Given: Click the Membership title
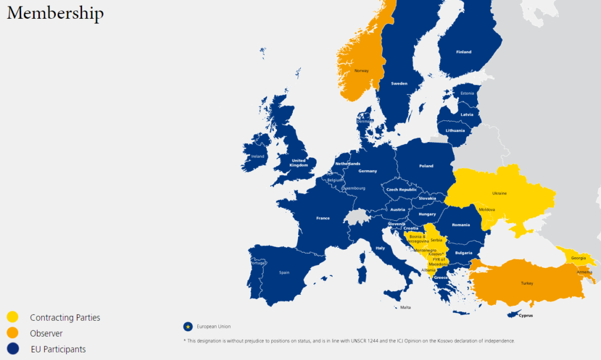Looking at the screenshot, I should [55, 13].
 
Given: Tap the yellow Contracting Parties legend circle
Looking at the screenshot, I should [13, 317].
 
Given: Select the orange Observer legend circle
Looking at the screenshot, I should [13, 333].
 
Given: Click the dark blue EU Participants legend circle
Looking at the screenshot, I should [13, 349].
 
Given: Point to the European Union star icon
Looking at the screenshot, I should [188, 326].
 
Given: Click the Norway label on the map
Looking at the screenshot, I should [362, 71].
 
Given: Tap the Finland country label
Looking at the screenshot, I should [464, 52].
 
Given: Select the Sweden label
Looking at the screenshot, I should [399, 84].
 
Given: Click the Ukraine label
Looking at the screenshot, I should [499, 193].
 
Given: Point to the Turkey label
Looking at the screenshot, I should [526, 283].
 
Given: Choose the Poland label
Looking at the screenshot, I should [426, 166].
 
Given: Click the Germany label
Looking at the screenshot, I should [367, 171].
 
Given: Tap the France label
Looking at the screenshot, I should [323, 218].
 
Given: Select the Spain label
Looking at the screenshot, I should [284, 272].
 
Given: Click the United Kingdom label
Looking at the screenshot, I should [299, 163].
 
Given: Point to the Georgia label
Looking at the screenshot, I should [578, 258].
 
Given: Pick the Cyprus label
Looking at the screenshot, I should [526, 315].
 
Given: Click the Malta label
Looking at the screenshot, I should [406, 308].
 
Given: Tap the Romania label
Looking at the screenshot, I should [461, 225].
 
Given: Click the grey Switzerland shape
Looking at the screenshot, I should [356, 216].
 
